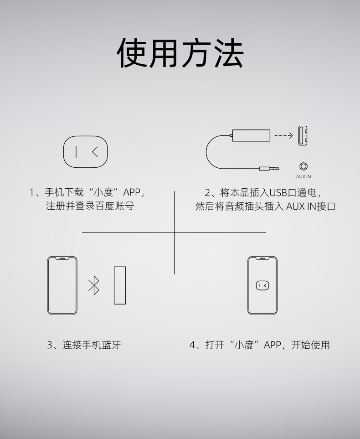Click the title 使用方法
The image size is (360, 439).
point(180,53)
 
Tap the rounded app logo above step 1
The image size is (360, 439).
point(85,152)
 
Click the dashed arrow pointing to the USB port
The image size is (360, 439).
point(284,135)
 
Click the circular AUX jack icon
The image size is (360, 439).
point(303,167)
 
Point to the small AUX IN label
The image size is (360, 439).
point(303,176)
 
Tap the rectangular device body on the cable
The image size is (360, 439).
point(251,135)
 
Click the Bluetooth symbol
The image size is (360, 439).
point(94,285)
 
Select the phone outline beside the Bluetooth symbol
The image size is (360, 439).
point(62,285)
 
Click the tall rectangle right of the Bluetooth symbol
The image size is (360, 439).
point(120,285)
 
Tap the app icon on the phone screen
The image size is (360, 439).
point(262,285)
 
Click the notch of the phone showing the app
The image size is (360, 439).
point(262,258)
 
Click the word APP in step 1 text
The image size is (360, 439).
point(132,192)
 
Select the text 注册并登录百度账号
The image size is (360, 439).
point(90,206)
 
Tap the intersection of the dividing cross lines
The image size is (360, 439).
point(175,232)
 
